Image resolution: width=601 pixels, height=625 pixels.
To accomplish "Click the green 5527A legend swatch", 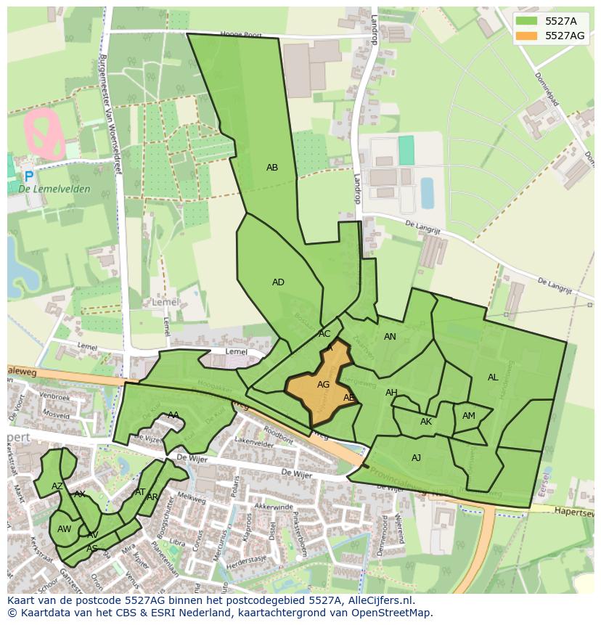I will coord(528,21).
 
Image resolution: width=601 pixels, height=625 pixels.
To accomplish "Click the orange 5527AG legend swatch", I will coord(528,36).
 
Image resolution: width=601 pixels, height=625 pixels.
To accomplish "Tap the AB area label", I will coord(272,168).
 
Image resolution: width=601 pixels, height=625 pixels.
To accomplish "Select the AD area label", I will coord(278,282).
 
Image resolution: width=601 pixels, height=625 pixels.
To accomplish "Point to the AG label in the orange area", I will coord(324,385).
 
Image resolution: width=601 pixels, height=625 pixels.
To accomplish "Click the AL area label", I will coord(493,377).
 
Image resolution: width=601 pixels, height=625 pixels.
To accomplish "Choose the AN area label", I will coord(390,337).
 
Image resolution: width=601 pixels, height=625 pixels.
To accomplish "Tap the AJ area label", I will coord(416,458).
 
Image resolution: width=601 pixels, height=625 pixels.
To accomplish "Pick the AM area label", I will coord(469,416).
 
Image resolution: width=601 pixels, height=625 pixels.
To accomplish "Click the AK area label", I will coord(426,422).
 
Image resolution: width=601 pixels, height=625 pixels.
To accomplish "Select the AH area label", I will coord(391,393).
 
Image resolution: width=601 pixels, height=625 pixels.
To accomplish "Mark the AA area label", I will coord(173,415).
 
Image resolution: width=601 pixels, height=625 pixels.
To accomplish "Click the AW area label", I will coord(64,529).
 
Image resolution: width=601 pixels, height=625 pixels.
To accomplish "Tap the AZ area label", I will coord(57,486).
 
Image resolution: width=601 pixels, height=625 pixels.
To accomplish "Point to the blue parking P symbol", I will coord(28,176).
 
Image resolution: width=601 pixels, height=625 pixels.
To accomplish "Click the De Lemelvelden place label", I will coord(54,189).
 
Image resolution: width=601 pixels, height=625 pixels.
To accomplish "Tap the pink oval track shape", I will coord(44,134).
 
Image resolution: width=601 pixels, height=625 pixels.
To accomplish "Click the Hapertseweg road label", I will coord(573,511).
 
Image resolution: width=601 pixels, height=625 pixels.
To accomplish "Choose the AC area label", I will coord(324,334).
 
